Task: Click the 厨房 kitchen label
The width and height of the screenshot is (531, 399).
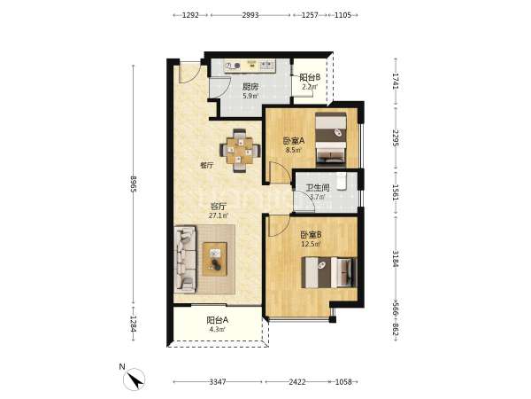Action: coord(250,87)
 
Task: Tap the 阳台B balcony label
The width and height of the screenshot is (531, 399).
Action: coord(310,77)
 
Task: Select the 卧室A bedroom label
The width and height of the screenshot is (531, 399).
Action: coord(294,140)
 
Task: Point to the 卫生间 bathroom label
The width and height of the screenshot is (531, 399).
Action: coord(318,188)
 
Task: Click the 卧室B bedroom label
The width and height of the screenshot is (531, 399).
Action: coord(311,234)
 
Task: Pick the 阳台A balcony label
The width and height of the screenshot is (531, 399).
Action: coord(218,320)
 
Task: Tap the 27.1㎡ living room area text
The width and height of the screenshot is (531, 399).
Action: coord(219,215)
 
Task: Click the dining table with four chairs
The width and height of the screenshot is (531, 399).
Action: coord(240,151)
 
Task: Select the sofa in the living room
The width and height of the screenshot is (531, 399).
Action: coord(185,260)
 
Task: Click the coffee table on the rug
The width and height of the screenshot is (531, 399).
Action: coord(215,259)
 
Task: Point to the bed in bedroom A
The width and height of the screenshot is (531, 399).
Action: coord(331,140)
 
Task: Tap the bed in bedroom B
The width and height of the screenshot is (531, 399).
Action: coord(329,272)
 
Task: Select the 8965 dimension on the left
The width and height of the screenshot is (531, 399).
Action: coord(133,184)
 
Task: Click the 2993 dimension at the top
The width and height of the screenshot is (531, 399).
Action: coord(250,15)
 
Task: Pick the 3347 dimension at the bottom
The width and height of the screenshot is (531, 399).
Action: coord(218,381)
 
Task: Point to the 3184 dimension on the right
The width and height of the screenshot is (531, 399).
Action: coord(396,259)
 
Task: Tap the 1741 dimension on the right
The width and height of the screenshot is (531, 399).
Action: coord(396,81)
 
